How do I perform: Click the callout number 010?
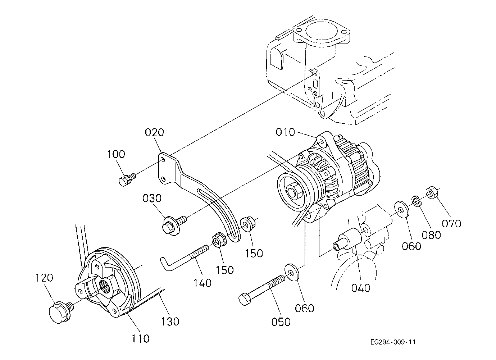285,132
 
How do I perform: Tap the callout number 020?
154,132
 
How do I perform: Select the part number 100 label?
116,154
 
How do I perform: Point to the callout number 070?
451,223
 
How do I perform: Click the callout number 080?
431,235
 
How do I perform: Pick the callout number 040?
361,288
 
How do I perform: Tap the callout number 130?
170,322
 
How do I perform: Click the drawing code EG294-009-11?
393,342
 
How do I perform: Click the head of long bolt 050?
245,299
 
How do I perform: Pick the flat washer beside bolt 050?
292,272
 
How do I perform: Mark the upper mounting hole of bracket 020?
163,160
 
